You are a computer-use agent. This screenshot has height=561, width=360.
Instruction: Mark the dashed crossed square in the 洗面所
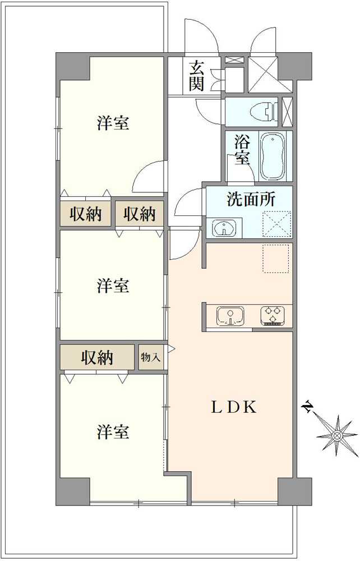278,224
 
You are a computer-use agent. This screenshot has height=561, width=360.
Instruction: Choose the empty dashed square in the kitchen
276,258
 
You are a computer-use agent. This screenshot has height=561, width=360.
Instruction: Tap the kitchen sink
230,316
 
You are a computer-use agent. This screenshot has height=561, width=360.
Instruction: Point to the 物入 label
150,357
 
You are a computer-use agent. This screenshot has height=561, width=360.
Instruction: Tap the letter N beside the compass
308,406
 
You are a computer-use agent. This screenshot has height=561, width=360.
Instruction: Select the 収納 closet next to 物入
98,357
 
